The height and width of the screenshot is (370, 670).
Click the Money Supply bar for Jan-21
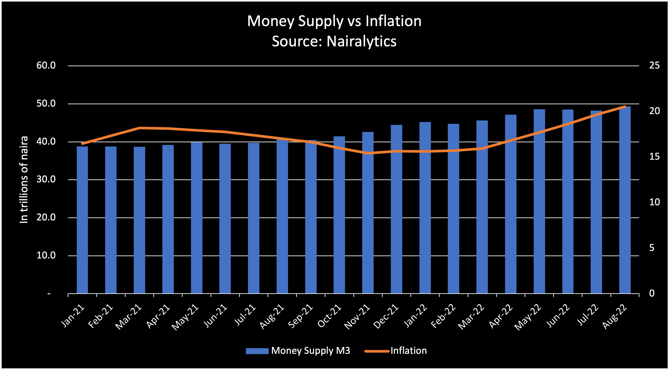(x=82, y=220)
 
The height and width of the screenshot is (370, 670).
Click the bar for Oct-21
(x=339, y=215)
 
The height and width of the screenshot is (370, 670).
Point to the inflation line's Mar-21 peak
(x=139, y=128)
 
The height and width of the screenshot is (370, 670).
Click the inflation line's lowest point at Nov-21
(x=368, y=153)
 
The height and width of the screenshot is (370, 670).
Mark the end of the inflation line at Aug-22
(x=625, y=107)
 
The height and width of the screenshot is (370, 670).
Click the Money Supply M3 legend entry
(x=298, y=351)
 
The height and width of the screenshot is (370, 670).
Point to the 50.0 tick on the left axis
(x=46, y=103)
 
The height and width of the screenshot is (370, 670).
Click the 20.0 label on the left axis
(x=46, y=217)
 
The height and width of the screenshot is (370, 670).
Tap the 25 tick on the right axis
(x=654, y=65)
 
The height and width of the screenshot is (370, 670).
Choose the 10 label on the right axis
(x=654, y=202)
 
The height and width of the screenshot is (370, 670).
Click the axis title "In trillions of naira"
(x=24, y=180)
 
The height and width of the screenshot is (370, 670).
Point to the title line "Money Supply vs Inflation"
(x=334, y=21)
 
